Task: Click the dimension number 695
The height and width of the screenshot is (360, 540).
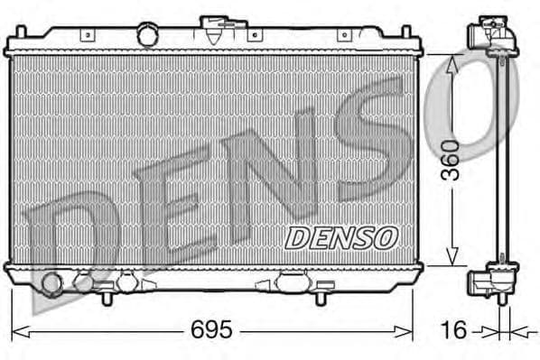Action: point(210,331)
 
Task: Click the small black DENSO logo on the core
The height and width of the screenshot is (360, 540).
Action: point(341,237)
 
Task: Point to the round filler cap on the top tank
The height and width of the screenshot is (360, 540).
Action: point(147,35)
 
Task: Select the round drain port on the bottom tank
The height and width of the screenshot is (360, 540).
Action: point(52,285)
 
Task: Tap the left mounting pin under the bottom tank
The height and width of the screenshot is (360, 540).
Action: point(107,295)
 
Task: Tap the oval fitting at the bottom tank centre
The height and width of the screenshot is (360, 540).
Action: point(291,282)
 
